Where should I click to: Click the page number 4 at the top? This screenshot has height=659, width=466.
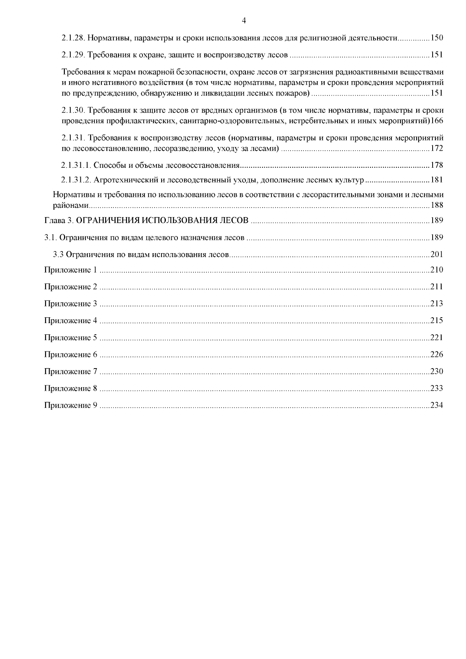243,21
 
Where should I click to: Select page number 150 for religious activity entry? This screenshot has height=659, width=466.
437,38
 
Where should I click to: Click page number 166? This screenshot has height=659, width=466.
437,121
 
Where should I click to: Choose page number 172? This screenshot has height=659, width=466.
437,148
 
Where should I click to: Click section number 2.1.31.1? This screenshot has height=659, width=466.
76,165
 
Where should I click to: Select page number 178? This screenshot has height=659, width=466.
437,165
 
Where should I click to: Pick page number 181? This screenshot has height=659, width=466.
437,180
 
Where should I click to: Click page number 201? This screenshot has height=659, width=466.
437,255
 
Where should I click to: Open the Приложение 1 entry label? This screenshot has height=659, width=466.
70,270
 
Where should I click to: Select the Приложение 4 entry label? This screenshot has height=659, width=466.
70,321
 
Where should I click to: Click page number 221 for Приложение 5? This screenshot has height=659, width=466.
437,337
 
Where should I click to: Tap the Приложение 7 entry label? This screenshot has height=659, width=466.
70,372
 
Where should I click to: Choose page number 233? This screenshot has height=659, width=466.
437,388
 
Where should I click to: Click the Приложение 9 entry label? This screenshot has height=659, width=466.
70,405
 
